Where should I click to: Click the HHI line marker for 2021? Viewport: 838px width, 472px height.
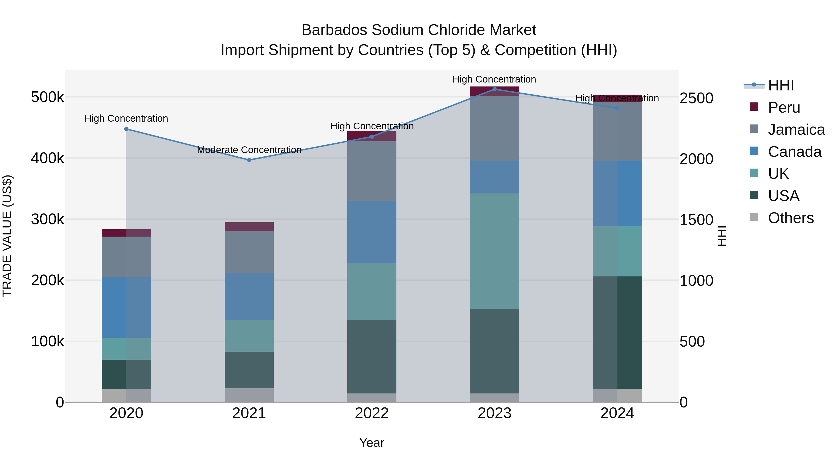[249, 160]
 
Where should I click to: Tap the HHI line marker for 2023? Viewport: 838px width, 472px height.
[494, 89]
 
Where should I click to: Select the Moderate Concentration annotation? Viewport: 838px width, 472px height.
[249, 150]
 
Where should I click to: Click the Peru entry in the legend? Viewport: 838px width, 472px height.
[784, 107]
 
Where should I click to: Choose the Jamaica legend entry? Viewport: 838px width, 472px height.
[796, 130]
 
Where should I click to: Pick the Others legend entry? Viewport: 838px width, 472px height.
[791, 218]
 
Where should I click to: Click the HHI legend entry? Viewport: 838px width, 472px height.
[781, 85]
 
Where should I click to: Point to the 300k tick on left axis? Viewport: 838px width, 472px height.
[47, 219]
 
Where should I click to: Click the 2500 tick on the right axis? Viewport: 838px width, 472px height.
[696, 98]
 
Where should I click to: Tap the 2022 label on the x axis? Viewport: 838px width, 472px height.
[372, 413]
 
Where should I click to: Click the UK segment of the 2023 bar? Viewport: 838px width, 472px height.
[494, 251]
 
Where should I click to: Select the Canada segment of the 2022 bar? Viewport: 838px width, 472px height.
[372, 232]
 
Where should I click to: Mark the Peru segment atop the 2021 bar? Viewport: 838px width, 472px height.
[249, 227]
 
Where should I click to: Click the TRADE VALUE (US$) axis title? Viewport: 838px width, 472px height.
[7, 236]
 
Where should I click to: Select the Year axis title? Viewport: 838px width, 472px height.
[372, 443]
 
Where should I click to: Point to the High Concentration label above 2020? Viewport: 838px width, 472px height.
[126, 118]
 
